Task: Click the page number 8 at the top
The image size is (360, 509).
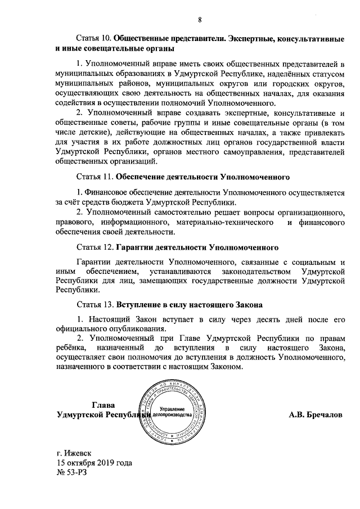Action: click(x=200, y=20)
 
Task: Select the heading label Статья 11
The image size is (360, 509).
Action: click(x=94, y=177)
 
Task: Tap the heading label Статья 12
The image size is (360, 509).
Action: click(x=94, y=247)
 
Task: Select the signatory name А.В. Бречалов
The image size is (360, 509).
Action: click(x=315, y=415)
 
